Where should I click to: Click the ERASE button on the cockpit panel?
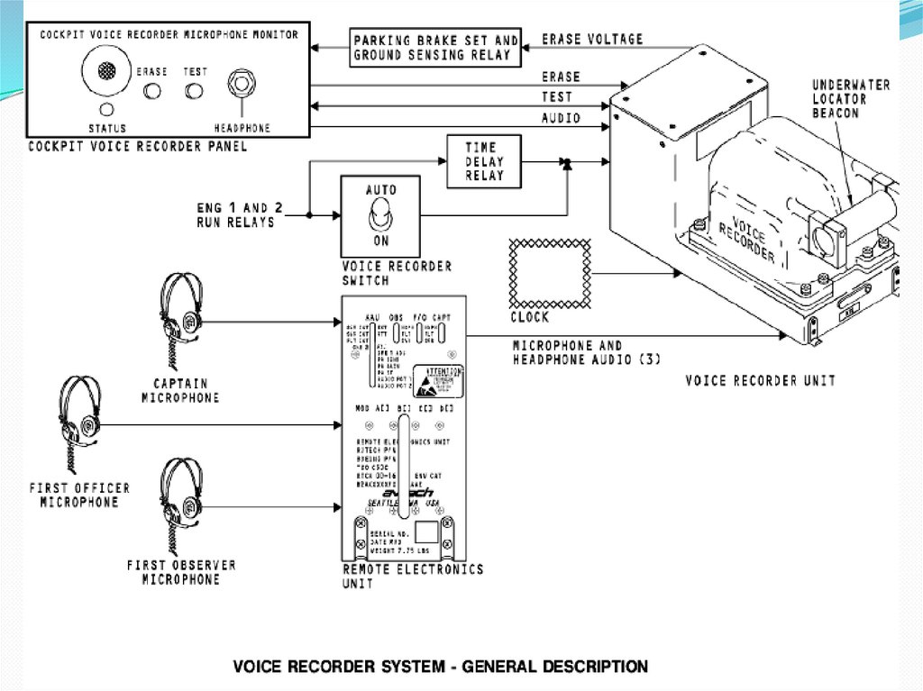click(153, 90)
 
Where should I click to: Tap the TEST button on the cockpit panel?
click(194, 90)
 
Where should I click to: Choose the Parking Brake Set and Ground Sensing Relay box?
click(435, 48)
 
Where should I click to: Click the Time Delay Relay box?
click(485, 162)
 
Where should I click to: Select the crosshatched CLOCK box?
click(550, 274)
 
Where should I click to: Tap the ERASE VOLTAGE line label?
click(592, 40)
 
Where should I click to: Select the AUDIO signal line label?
click(561, 117)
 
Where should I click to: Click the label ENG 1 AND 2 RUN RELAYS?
click(240, 214)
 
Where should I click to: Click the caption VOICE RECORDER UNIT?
click(760, 380)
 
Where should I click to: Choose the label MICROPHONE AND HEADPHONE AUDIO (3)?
click(588, 352)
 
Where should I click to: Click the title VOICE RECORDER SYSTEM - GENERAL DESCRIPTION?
click(440, 667)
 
